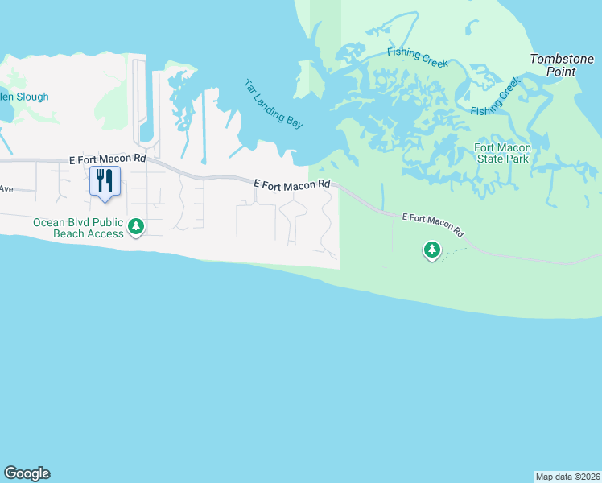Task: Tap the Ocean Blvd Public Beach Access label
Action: click(78, 228)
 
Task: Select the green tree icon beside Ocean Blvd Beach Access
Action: click(137, 228)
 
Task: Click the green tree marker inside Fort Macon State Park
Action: click(432, 250)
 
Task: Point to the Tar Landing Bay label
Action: click(274, 103)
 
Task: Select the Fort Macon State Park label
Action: click(501, 153)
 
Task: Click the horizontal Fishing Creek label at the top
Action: click(417, 57)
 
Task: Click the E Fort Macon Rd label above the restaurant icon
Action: click(107, 159)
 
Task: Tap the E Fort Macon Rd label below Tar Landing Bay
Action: click(292, 184)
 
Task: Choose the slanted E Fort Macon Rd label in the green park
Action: click(434, 224)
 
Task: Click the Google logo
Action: click(27, 473)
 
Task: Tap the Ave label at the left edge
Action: click(6, 188)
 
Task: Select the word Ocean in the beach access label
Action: click(49, 222)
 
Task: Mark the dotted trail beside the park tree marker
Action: click(453, 252)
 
